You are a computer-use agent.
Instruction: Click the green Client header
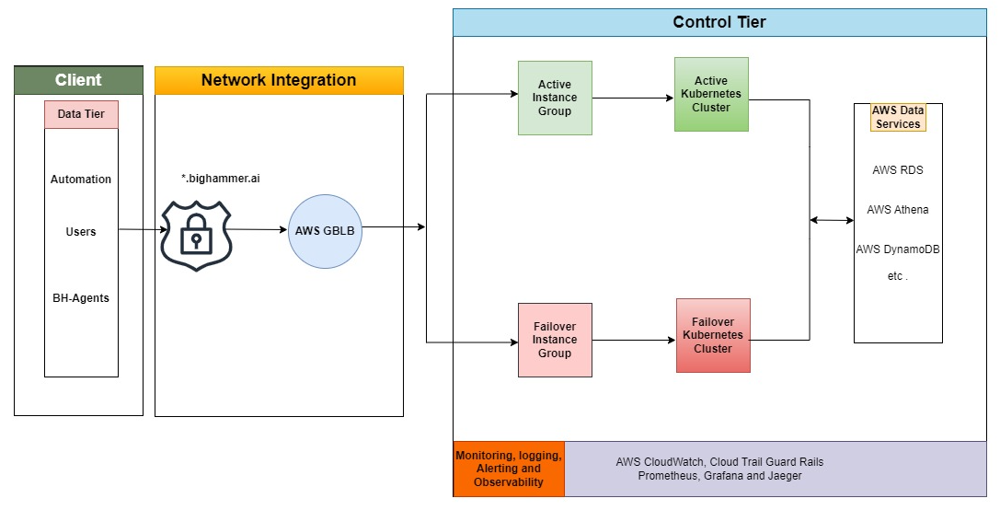(x=78, y=80)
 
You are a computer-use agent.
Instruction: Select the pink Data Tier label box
(x=81, y=114)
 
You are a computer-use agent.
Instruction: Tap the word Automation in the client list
(x=81, y=180)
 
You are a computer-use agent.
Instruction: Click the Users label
(x=81, y=232)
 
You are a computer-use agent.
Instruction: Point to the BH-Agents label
(x=81, y=298)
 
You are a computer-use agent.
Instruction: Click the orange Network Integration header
(x=279, y=80)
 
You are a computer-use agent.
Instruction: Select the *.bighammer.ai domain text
(x=221, y=179)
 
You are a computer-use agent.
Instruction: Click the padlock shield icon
(x=196, y=235)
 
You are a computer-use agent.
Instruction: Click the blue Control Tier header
(x=718, y=22)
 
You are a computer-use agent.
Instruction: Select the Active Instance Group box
(x=555, y=99)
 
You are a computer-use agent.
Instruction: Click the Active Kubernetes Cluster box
(x=711, y=95)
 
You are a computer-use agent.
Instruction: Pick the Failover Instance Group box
(x=555, y=340)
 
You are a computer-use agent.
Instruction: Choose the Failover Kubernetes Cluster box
(x=713, y=336)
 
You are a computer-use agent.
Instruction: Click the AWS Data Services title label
(x=898, y=117)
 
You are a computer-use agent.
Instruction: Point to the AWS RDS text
(x=898, y=170)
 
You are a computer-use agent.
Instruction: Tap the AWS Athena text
(x=898, y=210)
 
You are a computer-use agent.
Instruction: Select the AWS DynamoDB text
(x=898, y=249)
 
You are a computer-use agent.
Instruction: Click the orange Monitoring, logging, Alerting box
(x=509, y=469)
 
